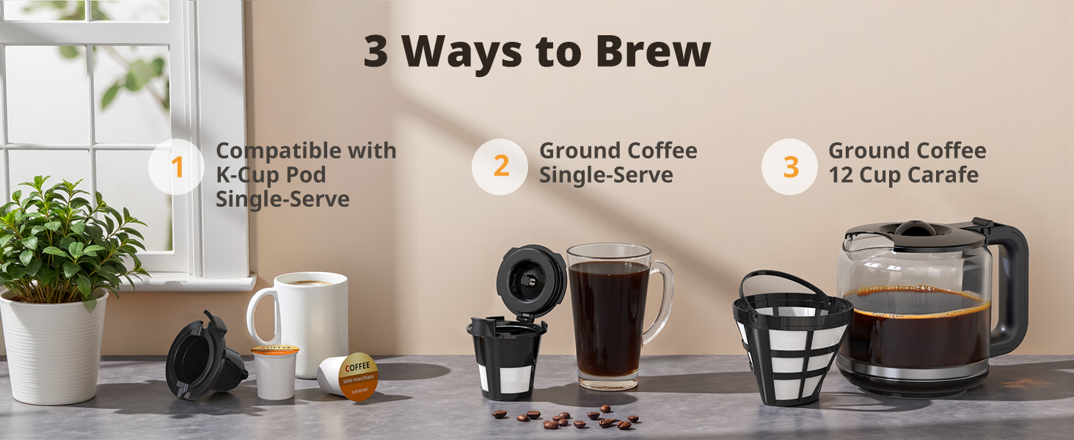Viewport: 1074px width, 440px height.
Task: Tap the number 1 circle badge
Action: tap(176, 167)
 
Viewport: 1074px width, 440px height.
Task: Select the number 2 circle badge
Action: tap(500, 166)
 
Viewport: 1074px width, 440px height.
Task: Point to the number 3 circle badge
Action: tap(789, 166)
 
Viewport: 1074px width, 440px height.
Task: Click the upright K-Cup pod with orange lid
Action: tap(274, 372)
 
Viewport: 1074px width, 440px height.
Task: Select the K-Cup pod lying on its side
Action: tap(348, 376)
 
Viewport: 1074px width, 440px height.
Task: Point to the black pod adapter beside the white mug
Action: tap(202, 359)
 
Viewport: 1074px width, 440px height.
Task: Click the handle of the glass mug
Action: tap(660, 301)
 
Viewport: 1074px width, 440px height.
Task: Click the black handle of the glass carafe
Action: tap(1011, 286)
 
